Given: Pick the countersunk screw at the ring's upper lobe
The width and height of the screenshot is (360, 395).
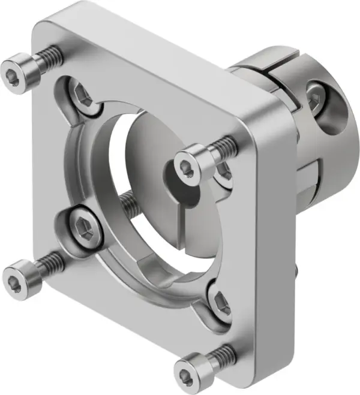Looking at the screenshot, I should click(x=83, y=95).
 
